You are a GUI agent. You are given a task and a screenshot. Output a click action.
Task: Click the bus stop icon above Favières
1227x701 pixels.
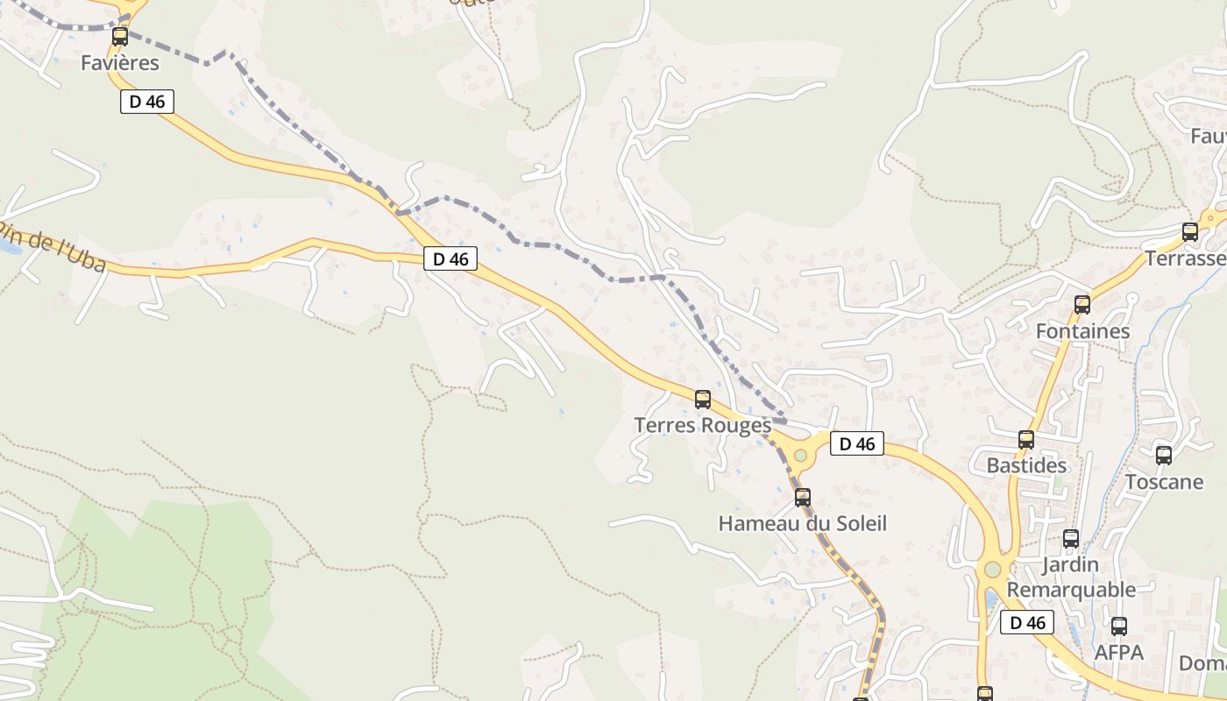120,37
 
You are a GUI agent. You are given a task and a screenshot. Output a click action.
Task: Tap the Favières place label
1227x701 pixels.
120,63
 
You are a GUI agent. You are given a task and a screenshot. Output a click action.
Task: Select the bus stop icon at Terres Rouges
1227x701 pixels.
703,400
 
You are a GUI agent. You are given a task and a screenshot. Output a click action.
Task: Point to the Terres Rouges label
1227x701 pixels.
703,426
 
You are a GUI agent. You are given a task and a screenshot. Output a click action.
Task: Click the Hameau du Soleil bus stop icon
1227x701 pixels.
803,498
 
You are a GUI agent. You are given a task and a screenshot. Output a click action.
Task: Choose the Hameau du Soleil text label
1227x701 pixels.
803,524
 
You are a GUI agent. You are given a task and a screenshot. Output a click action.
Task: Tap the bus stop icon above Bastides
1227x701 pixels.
1026,440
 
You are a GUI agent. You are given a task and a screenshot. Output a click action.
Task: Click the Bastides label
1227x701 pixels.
1026,466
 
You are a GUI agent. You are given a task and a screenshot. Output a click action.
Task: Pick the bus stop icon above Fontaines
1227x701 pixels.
1082,305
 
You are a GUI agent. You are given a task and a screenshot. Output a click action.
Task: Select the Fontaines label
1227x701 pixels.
1082,332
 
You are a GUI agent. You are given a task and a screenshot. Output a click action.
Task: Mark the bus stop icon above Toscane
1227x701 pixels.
1164,456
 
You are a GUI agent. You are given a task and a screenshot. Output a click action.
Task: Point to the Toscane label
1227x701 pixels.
1164,482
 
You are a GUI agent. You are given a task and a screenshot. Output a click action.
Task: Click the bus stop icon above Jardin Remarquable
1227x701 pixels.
1071,539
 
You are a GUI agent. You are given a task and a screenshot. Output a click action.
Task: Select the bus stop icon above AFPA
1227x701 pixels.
1119,627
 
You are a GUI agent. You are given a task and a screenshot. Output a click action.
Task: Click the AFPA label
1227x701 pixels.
1119,653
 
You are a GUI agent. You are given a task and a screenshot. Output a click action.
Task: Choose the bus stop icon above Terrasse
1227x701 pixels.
1190,232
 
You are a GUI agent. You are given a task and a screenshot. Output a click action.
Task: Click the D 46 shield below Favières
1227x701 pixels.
147,102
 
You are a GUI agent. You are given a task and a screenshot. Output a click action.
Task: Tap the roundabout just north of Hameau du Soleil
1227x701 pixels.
800,456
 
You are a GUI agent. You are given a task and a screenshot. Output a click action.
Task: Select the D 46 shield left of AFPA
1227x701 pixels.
1027,623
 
